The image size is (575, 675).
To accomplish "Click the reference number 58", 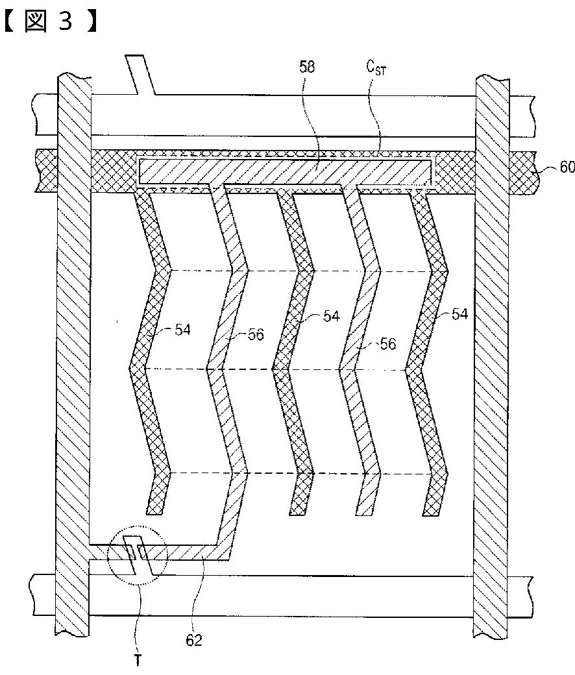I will point(307,67).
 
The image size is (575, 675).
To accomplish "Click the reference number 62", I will point(193,640).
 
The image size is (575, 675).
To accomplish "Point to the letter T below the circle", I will point(138,661).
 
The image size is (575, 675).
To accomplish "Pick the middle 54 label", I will point(331,316).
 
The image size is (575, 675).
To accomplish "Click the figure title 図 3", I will point(49,21).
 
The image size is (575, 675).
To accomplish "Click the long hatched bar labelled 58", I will point(286,171).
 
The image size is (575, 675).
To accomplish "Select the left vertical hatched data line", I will point(72,357).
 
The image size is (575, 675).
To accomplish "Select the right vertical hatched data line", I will point(492,357).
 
